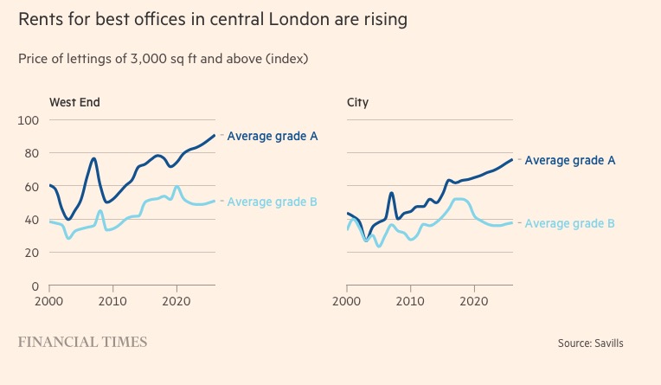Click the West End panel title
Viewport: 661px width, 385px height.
click(x=74, y=102)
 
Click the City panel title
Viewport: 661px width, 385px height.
click(x=357, y=102)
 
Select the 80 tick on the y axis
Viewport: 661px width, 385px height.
click(x=31, y=153)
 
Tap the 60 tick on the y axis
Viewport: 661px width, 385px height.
click(x=31, y=187)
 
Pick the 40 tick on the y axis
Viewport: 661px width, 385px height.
click(x=31, y=220)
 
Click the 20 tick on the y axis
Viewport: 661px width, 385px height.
click(x=31, y=253)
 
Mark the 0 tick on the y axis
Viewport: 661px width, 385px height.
click(x=35, y=286)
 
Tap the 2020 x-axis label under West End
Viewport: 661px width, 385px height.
click(x=176, y=302)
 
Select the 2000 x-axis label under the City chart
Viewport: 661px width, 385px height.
click(x=346, y=302)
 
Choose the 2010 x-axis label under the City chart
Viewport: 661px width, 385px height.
click(x=410, y=302)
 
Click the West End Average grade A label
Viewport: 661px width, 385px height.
click(x=272, y=135)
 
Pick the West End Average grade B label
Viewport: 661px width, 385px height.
click(x=272, y=202)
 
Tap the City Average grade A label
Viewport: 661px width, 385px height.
click(x=570, y=160)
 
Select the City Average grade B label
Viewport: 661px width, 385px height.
click(x=570, y=223)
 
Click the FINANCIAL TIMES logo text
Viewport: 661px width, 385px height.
click(x=83, y=342)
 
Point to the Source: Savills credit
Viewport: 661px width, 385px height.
click(x=590, y=343)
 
